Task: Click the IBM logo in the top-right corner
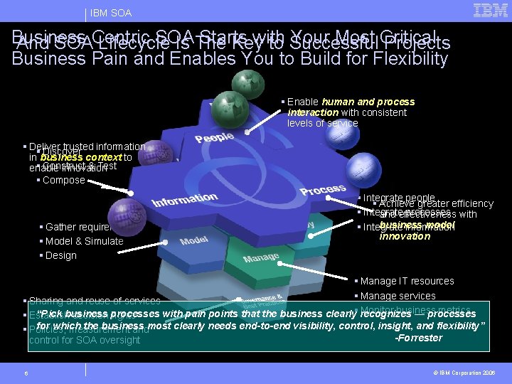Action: tap(490, 10)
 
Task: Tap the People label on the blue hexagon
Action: tap(214, 138)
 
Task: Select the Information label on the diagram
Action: tap(185, 201)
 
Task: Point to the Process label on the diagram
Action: tap(323, 189)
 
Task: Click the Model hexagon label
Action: tap(194, 240)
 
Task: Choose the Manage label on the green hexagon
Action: tap(261, 256)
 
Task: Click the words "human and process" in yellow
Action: tap(368, 102)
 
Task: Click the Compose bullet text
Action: tap(63, 180)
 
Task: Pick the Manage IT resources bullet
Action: tap(407, 281)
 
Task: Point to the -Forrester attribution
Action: tap(419, 338)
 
